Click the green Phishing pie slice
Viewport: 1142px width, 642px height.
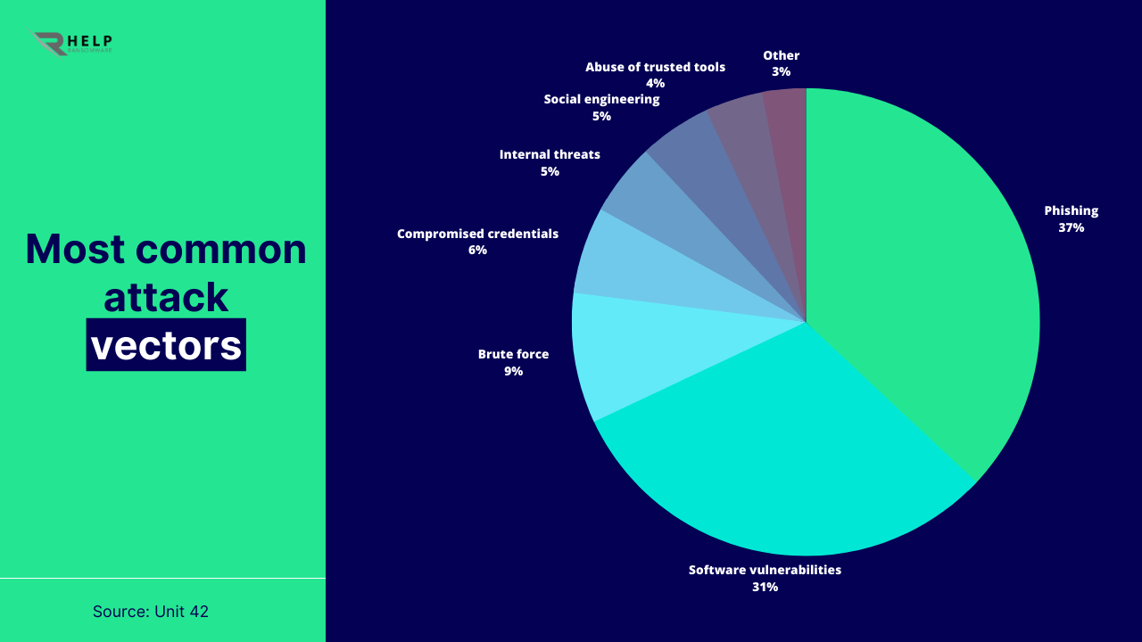point(928,267)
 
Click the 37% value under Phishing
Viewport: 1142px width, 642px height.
point(1071,227)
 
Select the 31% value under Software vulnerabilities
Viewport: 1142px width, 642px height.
point(765,587)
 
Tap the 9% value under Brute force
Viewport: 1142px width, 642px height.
point(513,371)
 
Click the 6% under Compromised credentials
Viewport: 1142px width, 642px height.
point(477,251)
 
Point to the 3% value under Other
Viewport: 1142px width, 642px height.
point(781,72)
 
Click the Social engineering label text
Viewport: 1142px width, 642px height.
point(601,99)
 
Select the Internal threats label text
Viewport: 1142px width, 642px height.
point(550,154)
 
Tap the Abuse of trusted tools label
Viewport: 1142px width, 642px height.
point(655,67)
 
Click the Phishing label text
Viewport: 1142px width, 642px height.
point(1071,210)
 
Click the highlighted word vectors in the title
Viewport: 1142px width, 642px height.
point(166,345)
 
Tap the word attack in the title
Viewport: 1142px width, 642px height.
point(166,297)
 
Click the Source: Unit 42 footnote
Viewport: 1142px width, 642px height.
point(151,612)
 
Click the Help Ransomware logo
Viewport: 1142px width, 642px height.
point(73,43)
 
